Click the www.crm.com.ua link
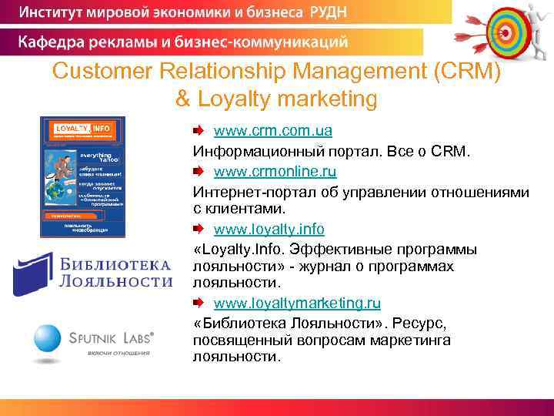coord(262,131)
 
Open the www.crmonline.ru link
coord(275,170)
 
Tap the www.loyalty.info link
coord(269,230)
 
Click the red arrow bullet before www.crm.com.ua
coord(198,130)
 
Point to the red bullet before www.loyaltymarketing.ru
coord(198,303)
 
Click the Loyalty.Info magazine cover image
coord(82,177)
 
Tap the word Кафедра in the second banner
coord(55,41)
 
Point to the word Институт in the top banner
coord(55,12)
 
